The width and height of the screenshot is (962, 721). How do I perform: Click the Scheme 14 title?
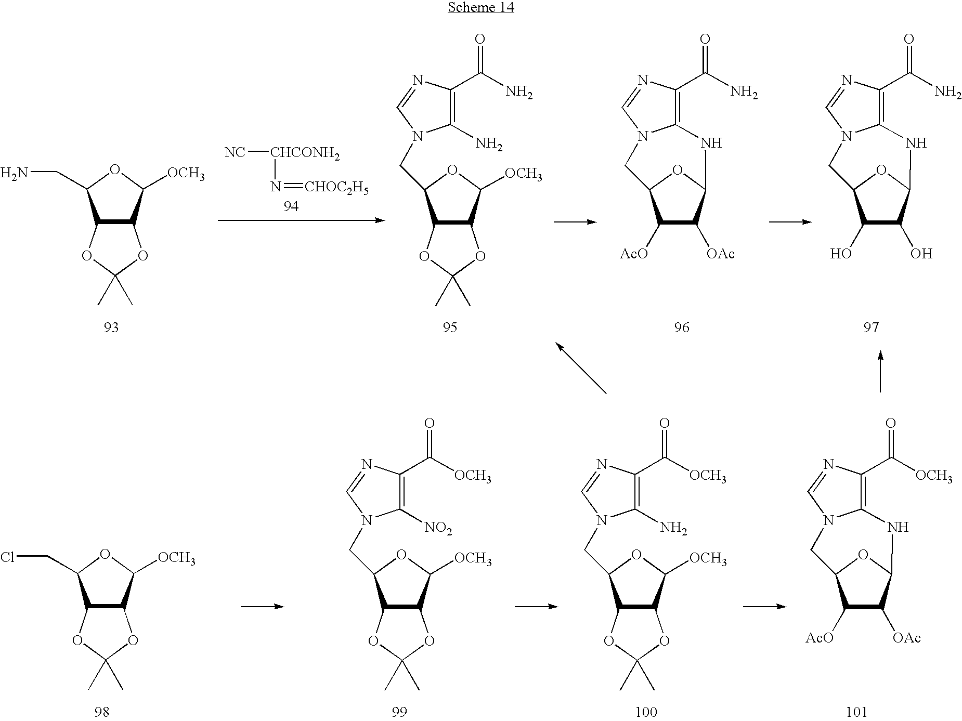pos(481,8)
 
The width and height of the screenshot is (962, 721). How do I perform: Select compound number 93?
pos(111,327)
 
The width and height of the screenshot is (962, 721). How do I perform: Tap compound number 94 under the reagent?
pos(291,206)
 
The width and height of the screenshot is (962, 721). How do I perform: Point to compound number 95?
pos(450,327)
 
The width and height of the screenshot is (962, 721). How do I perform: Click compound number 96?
pos(681,327)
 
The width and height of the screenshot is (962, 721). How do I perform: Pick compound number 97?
pos(871,327)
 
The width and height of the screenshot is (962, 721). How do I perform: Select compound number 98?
pos(102,712)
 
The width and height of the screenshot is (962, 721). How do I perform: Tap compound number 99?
pos(399,712)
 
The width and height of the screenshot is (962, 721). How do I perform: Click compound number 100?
pos(646,712)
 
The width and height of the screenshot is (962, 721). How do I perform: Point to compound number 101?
pos(856,712)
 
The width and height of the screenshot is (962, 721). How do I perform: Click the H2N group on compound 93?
pos(15,173)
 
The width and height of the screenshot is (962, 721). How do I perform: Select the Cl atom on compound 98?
pos(7,558)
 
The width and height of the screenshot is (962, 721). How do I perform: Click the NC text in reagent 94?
pos(235,153)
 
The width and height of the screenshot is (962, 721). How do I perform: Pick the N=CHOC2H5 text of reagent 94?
pos(319,187)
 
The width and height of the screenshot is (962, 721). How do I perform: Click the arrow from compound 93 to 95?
pos(301,221)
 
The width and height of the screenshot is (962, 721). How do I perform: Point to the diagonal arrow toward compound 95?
pos(581,368)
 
